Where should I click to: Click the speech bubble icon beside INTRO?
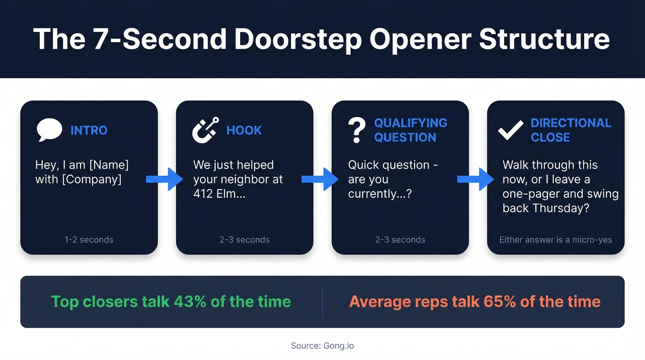(49, 130)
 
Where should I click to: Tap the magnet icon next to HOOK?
(205, 130)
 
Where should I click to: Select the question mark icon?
(356, 130)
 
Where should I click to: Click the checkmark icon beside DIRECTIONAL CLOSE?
(511, 130)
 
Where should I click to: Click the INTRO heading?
(89, 130)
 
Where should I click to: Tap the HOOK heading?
(244, 130)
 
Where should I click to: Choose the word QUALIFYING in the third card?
(410, 123)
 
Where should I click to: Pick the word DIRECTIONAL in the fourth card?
(571, 123)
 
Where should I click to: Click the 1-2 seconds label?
(89, 240)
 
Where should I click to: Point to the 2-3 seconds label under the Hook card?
(245, 240)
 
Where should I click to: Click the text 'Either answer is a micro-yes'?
(556, 240)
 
